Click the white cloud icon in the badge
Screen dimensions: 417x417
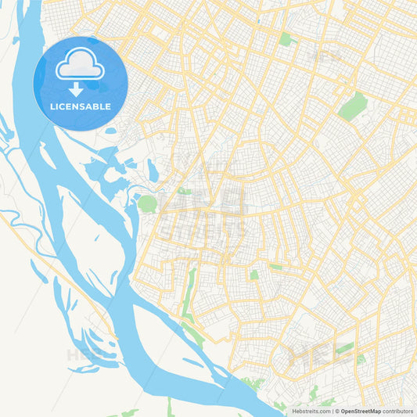tap(80, 64)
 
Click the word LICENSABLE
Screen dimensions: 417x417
tap(80, 106)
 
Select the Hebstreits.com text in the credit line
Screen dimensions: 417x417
tap(311, 411)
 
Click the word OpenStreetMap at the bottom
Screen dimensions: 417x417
tap(361, 411)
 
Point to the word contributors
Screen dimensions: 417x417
tap(397, 411)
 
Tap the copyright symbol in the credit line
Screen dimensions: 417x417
tap(336, 411)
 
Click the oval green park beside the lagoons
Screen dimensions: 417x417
tap(147, 204)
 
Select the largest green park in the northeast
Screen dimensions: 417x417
tap(353, 106)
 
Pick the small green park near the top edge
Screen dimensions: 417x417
tap(286, 38)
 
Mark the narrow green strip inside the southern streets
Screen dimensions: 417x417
tap(189, 293)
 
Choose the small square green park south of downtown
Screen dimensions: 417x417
tap(253, 275)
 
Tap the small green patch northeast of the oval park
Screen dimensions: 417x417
tap(183, 191)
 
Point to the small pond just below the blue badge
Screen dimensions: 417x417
tap(110, 131)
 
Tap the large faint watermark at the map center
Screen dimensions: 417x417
tap(208, 211)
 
